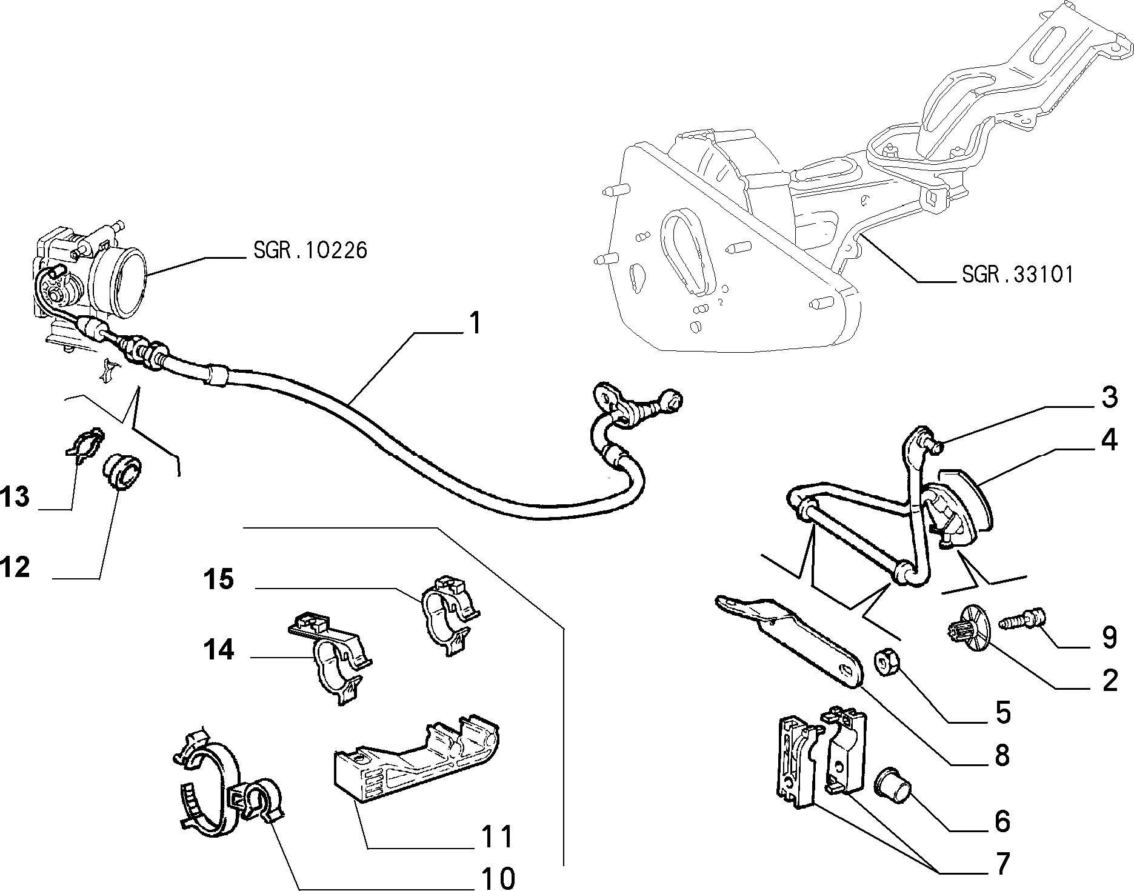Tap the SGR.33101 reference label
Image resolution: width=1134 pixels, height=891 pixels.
(1017, 275)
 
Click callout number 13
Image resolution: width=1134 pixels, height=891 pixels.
(15, 497)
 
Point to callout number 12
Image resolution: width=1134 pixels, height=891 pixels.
(15, 568)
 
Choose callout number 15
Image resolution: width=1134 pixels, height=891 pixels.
(218, 579)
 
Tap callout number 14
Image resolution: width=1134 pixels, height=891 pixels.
(218, 650)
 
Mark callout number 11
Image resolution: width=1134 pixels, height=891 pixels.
(497, 837)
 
